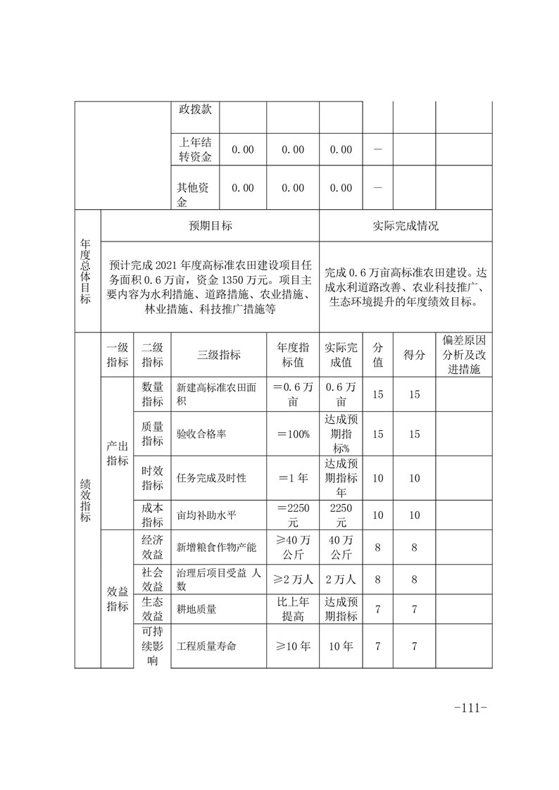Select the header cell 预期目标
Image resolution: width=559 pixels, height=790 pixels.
pyautogui.click(x=210, y=226)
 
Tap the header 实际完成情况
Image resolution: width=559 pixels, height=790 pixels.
pyautogui.click(x=405, y=226)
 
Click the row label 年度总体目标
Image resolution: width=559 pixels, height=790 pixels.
pyautogui.click(x=87, y=272)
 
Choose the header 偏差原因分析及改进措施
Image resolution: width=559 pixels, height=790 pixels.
pyautogui.click(x=463, y=355)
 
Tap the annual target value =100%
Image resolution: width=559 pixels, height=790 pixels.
pyautogui.click(x=292, y=434)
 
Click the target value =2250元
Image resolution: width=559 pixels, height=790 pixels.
pyautogui.click(x=292, y=515)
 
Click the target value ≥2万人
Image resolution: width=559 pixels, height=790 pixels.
pyautogui.click(x=292, y=579)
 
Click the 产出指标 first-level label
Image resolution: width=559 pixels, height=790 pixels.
pyautogui.click(x=117, y=454)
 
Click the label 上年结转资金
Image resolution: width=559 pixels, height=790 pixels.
pyautogui.click(x=195, y=150)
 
